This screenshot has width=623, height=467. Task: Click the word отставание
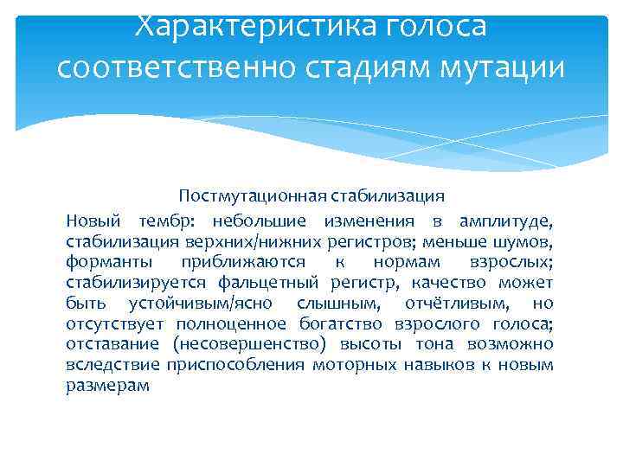tap(110, 345)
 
